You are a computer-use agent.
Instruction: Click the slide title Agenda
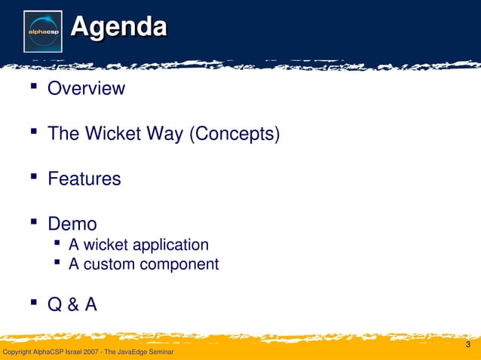(118, 28)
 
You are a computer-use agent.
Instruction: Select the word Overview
(86, 89)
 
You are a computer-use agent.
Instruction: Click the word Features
(84, 179)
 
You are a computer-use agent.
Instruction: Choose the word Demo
(72, 224)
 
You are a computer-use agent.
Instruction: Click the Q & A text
(72, 305)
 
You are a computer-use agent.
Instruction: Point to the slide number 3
(468, 345)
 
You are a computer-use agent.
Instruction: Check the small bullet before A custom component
(57, 263)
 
